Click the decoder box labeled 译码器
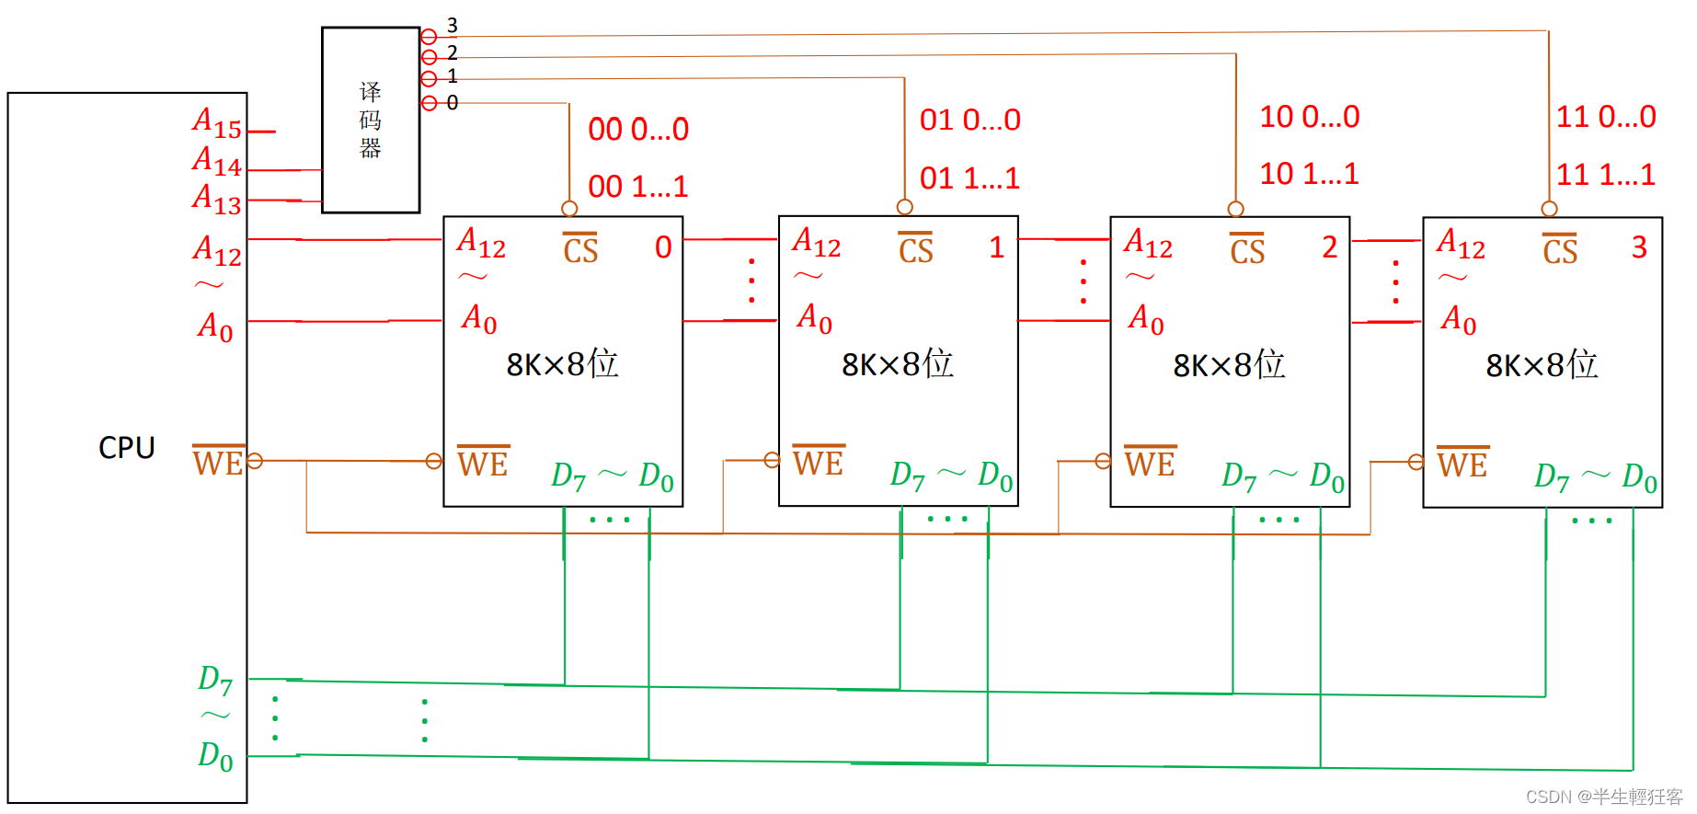pos(371,120)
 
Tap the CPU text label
pos(127,448)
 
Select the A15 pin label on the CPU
pos(217,122)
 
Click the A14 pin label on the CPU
pos(217,161)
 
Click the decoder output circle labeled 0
pos(430,103)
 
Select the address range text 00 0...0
pos(638,130)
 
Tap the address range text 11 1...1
pos(1605,175)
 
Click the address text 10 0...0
pos(1309,117)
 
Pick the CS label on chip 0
pos(580,250)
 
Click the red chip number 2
pos(1329,247)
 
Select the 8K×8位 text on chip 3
pos(1542,366)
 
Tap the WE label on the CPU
pos(218,462)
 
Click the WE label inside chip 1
pos(818,462)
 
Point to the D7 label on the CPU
pos(215,680)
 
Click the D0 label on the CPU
pos(215,755)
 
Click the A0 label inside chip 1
pos(814,318)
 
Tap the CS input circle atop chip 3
pos(1549,209)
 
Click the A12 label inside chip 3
pos(1461,245)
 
